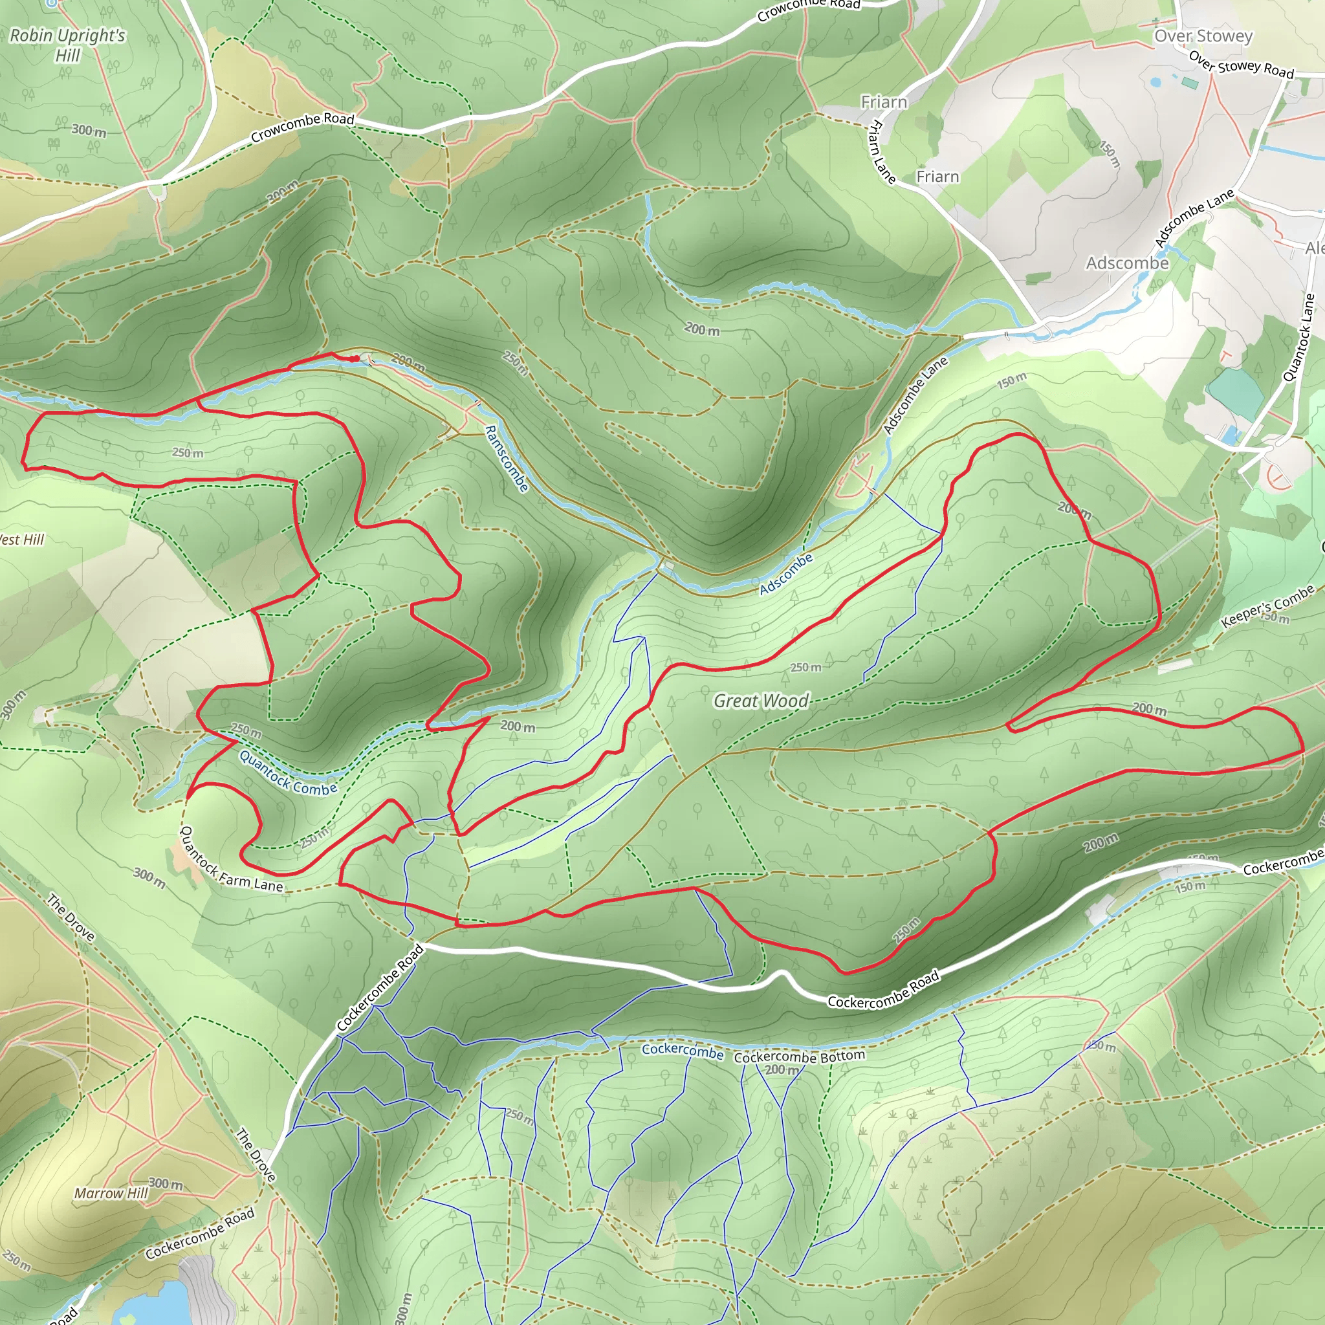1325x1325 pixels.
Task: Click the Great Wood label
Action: coord(761,701)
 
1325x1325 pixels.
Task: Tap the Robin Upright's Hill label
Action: coord(67,45)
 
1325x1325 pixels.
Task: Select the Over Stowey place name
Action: coord(1203,36)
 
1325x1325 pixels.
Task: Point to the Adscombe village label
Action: coord(1127,263)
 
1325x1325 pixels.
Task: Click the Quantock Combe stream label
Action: coord(287,774)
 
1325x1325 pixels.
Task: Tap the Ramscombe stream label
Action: coord(506,458)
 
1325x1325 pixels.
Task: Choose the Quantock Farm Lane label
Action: coord(230,862)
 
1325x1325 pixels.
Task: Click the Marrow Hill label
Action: coord(111,1193)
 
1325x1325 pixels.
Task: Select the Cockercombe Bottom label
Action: coord(799,1057)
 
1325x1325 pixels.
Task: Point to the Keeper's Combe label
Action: coord(1267,606)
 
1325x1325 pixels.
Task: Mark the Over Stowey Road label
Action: coord(1241,65)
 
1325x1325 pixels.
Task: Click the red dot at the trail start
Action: coord(355,358)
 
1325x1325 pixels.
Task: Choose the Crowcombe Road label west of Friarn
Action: coord(301,127)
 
